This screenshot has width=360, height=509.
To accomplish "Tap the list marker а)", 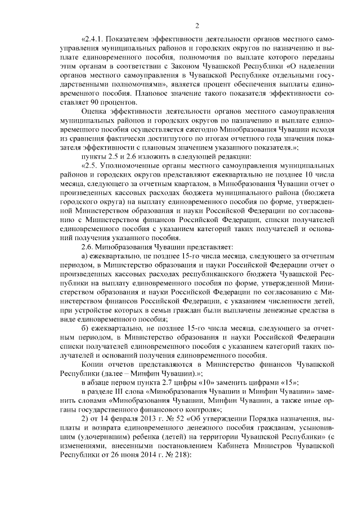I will pyautogui.click(x=85, y=256).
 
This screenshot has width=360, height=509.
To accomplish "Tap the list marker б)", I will pyautogui.click(x=85, y=328).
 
